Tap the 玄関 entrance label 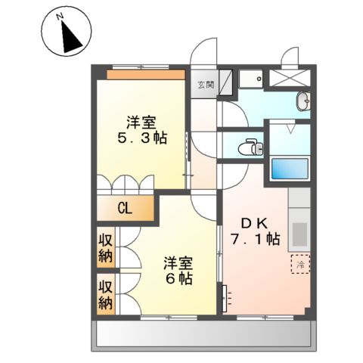206,85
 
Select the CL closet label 125,209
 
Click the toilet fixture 249,147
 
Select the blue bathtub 289,169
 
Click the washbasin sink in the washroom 303,100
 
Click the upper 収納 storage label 105,247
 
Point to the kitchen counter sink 299,230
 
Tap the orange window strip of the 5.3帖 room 145,74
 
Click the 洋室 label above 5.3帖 142,121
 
